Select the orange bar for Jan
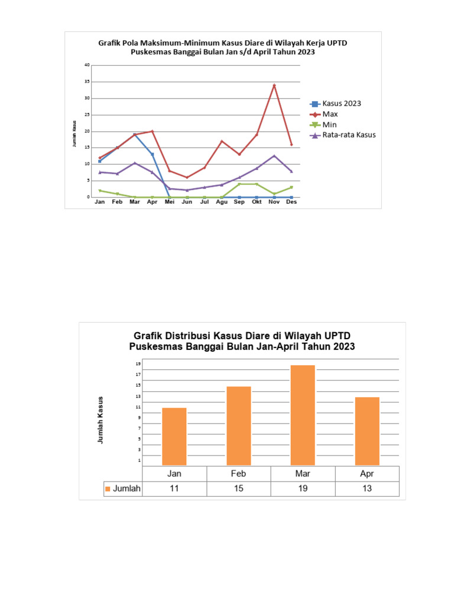coord(174,436)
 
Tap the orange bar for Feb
coord(239,425)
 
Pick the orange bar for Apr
coord(367,431)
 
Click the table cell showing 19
coord(303,489)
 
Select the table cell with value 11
coord(174,489)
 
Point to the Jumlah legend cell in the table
coord(122,489)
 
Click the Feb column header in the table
coord(239,473)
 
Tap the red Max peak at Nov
coord(274,85)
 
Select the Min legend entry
coord(330,124)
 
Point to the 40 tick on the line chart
coord(86,65)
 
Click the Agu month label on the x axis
coord(222,201)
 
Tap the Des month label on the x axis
coord(291,201)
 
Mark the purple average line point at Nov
coord(274,156)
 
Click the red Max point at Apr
coord(153,131)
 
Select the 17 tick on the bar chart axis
coord(138,375)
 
